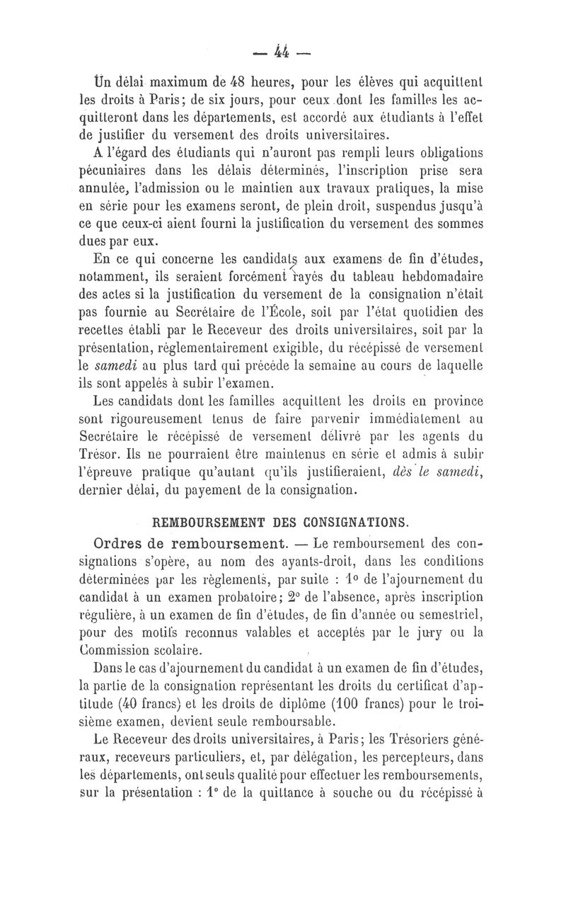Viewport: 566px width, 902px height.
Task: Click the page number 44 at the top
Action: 282,51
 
